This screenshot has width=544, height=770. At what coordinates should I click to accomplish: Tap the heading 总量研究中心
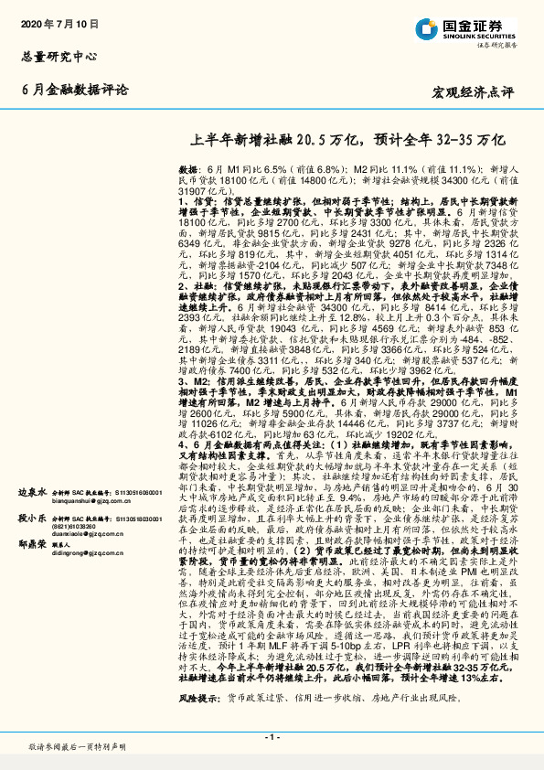pyautogui.click(x=59, y=56)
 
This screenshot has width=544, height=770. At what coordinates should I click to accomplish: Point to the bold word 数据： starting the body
pyautogui.click(x=189, y=170)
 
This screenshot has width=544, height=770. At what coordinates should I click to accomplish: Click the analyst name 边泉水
pyautogui.click(x=32, y=492)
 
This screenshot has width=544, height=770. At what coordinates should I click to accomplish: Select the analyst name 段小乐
pyautogui.click(x=32, y=518)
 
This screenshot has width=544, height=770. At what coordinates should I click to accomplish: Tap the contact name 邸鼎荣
pyautogui.click(x=32, y=543)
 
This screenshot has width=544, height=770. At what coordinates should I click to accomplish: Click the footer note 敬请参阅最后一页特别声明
pyautogui.click(x=77, y=747)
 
